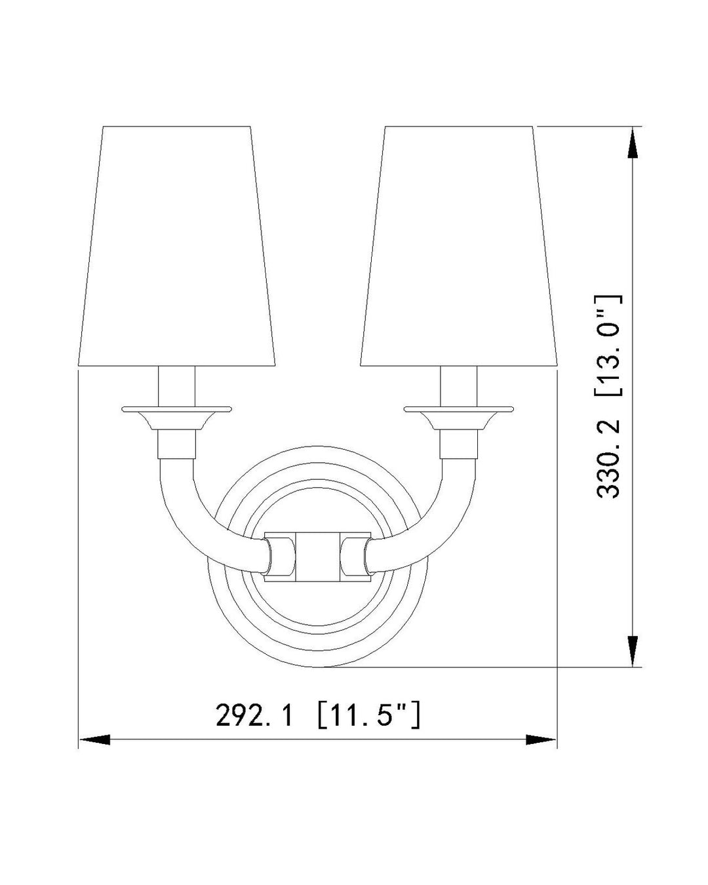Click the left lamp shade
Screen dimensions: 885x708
coord(177,246)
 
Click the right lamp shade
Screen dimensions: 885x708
coord(459,246)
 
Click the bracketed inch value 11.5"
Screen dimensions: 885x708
coord(367,715)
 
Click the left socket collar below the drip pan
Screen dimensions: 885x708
coord(177,444)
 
